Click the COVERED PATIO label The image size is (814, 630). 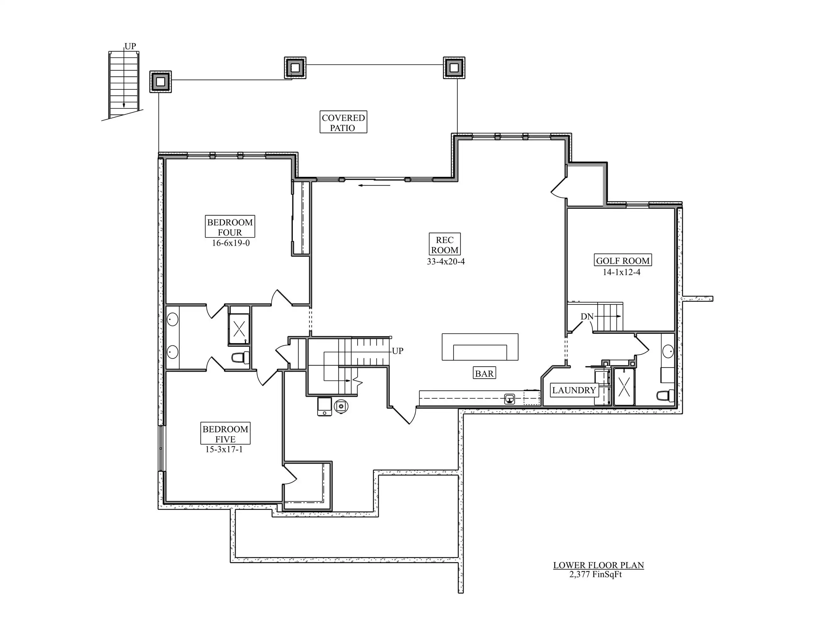[x=343, y=123]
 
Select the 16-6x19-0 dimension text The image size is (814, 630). [x=231, y=243]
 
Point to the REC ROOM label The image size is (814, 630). [x=445, y=245]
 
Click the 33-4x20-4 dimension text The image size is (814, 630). [x=446, y=261]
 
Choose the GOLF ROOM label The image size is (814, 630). [x=623, y=261]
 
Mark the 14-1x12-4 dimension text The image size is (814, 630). [x=622, y=272]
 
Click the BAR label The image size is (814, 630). [x=484, y=373]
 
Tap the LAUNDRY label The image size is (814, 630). [x=574, y=390]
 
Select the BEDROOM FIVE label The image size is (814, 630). [x=226, y=434]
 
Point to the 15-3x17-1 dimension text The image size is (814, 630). [x=224, y=450]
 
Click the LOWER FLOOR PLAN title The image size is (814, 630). [x=599, y=565]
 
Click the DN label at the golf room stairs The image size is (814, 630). [x=587, y=317]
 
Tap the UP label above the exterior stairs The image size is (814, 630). [x=130, y=46]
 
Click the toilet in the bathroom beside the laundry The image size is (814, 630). [x=665, y=396]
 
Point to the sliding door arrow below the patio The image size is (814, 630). [x=374, y=185]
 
